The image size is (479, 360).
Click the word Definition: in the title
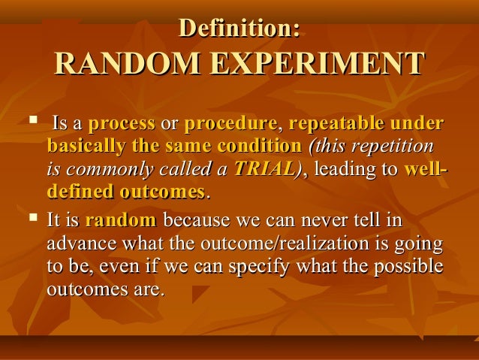pos(239,28)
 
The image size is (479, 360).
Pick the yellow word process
pos(122,123)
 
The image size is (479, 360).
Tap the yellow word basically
pos(83,146)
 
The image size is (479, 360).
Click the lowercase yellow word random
pos(121,222)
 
